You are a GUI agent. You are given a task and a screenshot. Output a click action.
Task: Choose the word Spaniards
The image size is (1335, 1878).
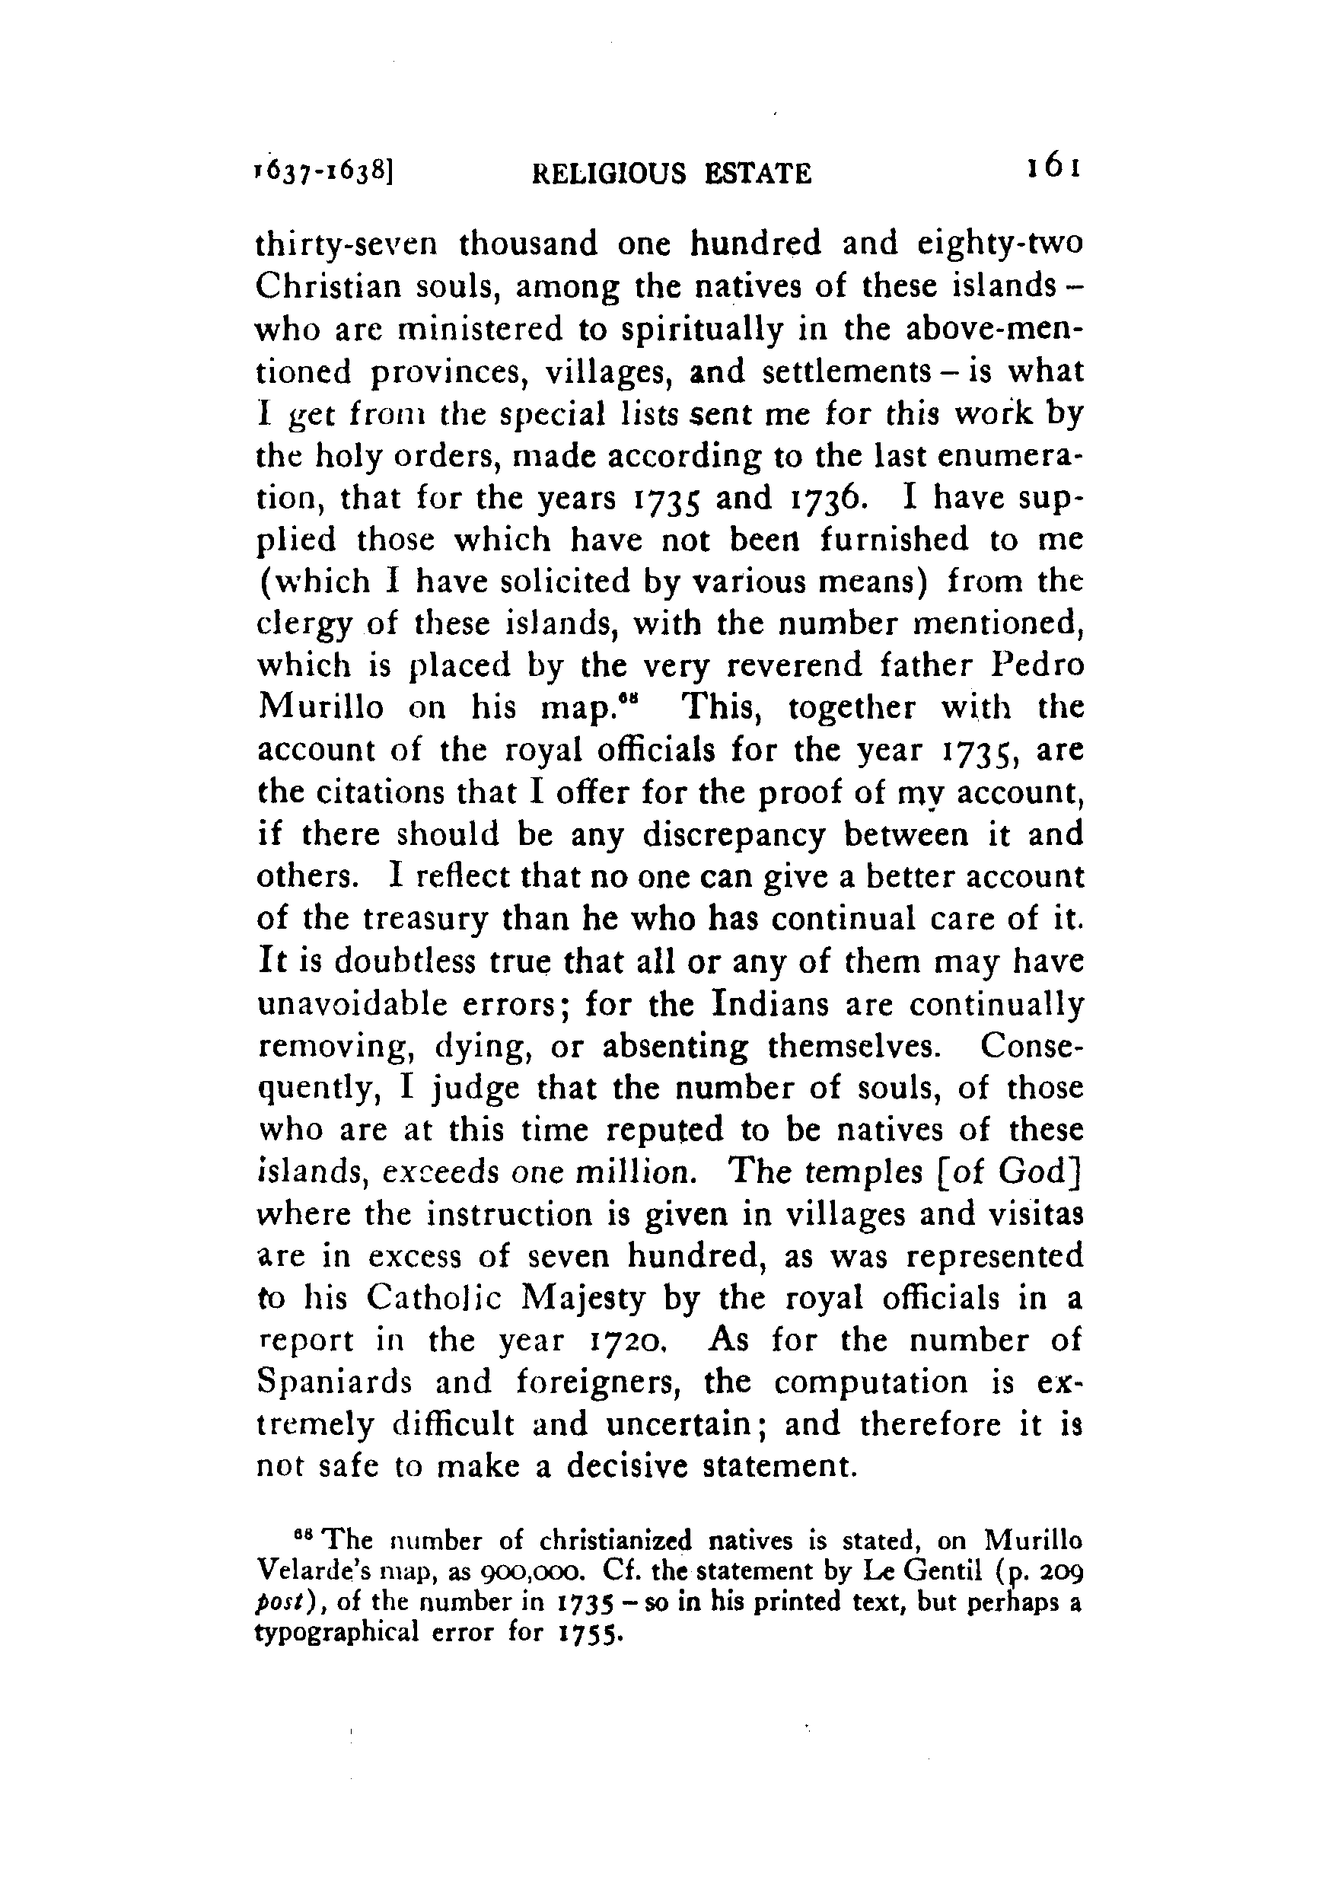click(x=333, y=1384)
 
